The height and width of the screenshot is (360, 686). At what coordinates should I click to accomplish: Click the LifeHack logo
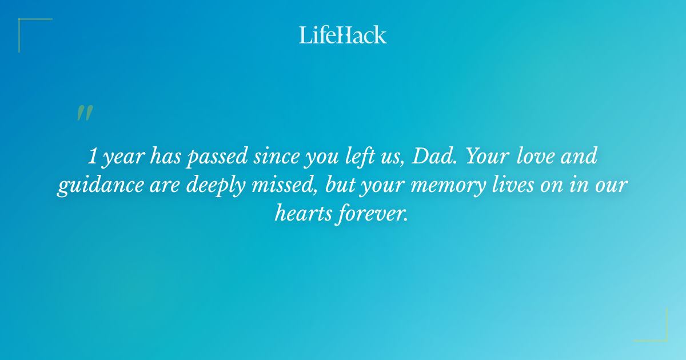tap(343, 35)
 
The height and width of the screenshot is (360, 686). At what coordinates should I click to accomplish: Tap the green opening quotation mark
tap(85, 113)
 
